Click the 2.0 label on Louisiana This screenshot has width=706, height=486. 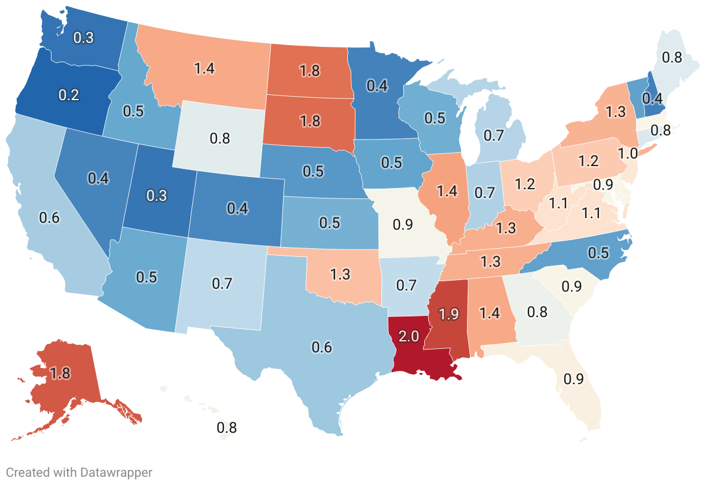[x=409, y=336]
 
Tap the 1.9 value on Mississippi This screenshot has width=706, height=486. [x=449, y=314]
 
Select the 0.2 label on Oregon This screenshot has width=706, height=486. [x=69, y=95]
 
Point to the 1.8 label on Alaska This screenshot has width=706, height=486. [x=60, y=373]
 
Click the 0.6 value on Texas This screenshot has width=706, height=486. [x=322, y=347]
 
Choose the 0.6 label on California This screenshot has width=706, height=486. [x=49, y=218]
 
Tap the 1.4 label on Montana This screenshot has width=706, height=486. [x=204, y=68]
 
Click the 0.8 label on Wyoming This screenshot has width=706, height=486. [x=220, y=138]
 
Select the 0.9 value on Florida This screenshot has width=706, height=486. [x=573, y=380]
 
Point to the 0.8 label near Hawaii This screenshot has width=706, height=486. [x=227, y=428]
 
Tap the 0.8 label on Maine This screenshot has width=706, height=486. [x=671, y=57]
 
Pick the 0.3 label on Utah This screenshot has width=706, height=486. [x=156, y=195]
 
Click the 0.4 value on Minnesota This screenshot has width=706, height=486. [x=377, y=86]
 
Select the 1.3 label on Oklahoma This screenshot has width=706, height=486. [x=340, y=274]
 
